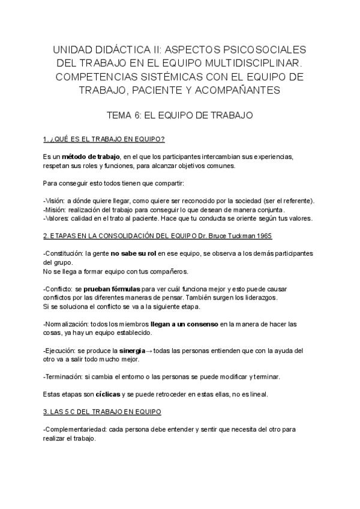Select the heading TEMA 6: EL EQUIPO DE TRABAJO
(x=179, y=113)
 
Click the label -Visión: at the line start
(x=54, y=201)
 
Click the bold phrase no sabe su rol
(x=133, y=254)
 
